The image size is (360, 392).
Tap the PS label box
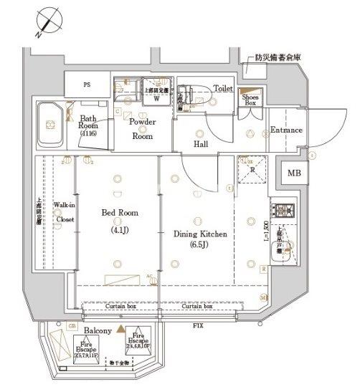coord(86,85)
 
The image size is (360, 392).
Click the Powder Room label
coord(142,128)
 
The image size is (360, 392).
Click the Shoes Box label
coord(250,100)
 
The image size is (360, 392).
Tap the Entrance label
coord(285,130)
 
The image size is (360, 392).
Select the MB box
coord(295,173)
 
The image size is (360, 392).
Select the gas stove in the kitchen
coord(279,211)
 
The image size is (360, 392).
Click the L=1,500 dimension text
coord(266,236)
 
